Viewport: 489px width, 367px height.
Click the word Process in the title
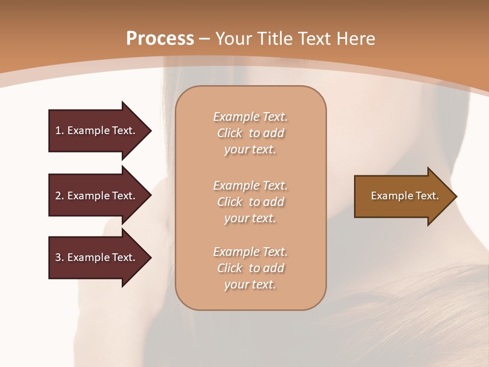pos(160,39)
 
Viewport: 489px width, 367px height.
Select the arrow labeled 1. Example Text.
pos(97,130)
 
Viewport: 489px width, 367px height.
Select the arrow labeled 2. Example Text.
pos(97,196)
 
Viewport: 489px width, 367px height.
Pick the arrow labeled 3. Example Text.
pos(97,257)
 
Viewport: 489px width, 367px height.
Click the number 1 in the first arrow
pos(58,130)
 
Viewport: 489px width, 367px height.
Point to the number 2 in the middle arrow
pos(58,196)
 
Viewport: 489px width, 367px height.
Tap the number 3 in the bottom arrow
pos(58,257)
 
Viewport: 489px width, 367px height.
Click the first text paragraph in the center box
pos(250,133)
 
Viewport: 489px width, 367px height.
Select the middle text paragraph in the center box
pos(250,201)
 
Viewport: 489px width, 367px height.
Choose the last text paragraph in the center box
pos(250,268)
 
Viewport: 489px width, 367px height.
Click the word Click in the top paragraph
pos(230,133)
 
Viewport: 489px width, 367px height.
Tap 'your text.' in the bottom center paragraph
pos(250,284)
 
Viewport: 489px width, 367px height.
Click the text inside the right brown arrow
pos(404,196)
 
